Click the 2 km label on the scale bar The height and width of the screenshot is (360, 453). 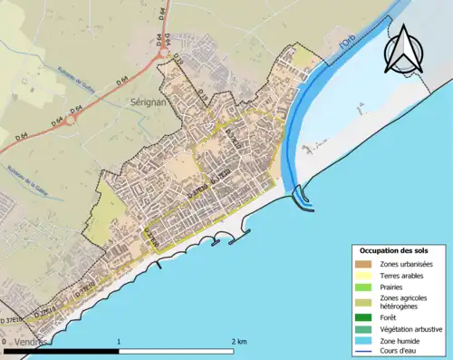(238, 341)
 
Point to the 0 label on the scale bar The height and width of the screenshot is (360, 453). (5, 341)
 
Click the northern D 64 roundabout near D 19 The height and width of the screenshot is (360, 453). (163, 54)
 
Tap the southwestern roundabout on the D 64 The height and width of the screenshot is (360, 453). (75, 115)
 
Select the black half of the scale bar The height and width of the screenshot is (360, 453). (63, 350)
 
